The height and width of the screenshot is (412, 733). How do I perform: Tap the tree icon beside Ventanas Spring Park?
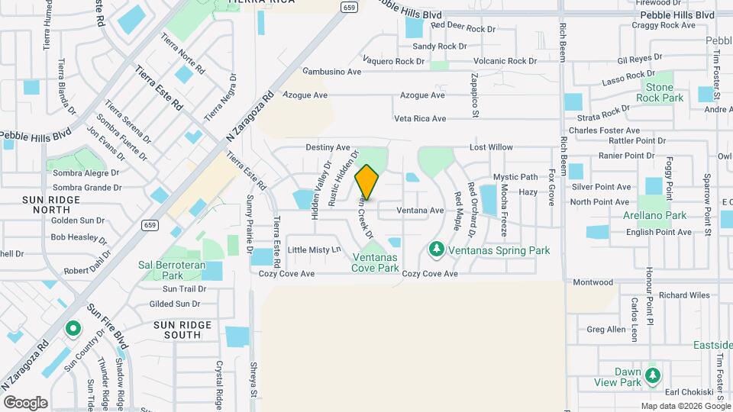click(x=437, y=249)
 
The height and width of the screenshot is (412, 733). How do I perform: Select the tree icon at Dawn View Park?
click(x=652, y=375)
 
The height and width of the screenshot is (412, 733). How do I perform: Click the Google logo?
click(x=25, y=402)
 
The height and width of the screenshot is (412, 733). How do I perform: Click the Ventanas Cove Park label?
click(x=376, y=262)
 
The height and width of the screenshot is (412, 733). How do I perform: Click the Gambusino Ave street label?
click(x=331, y=72)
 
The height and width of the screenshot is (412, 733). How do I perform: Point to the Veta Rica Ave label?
click(x=419, y=118)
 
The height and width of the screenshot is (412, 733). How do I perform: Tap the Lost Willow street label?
click(x=491, y=147)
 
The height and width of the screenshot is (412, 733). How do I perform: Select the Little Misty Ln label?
click(x=314, y=250)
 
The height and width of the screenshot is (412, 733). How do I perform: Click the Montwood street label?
click(x=593, y=282)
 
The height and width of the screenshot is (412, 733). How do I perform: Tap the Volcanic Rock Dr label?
click(x=505, y=61)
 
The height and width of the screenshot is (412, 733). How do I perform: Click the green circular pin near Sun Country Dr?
click(x=73, y=329)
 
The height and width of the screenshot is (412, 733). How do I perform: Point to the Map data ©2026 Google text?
click(x=683, y=405)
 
